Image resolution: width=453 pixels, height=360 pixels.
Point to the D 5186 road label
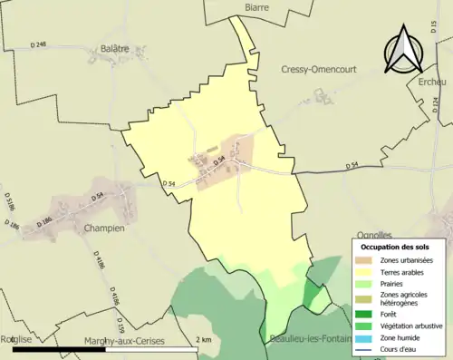tap(8, 200)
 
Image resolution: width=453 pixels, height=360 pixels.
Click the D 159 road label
tap(120, 322)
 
